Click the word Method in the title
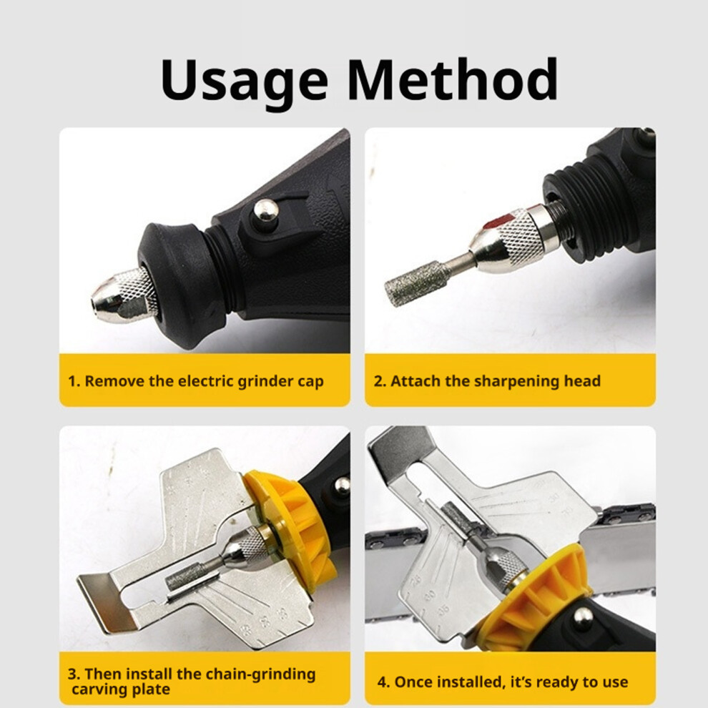point(453,79)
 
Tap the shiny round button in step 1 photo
point(266,210)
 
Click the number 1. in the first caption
point(74,381)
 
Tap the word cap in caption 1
point(310,383)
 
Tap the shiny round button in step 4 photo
point(583,617)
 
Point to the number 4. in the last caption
point(383,682)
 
